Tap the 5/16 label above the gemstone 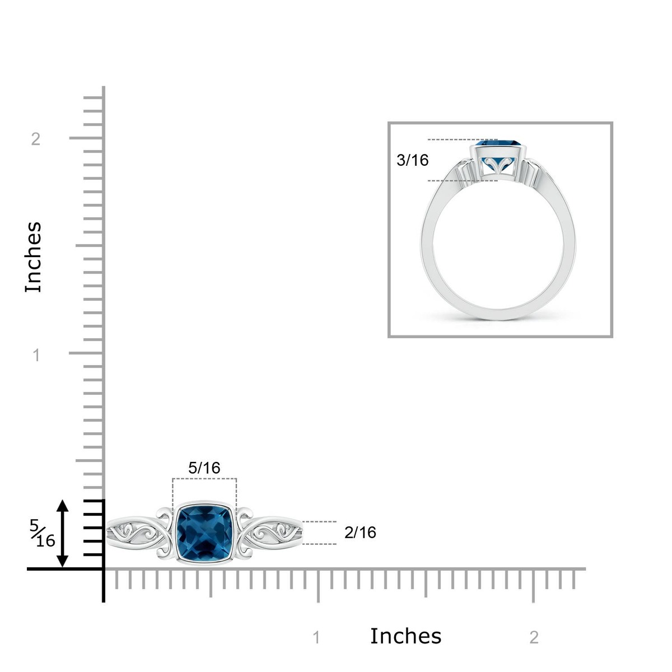coord(204,468)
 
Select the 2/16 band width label coord(360,533)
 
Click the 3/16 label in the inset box coord(413,160)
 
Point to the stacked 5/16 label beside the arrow coord(42,533)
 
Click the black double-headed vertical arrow coord(63,534)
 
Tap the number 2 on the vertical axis coord(36,139)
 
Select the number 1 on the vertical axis coord(36,356)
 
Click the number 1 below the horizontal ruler coord(316,638)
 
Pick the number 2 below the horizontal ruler coord(534,638)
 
